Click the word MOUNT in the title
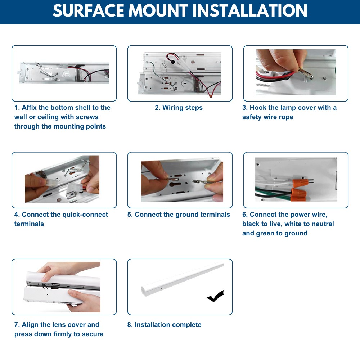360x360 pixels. point(158,10)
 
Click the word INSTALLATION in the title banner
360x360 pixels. point(250,10)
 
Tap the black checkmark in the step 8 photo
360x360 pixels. point(215,296)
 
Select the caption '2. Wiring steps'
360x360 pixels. point(179,107)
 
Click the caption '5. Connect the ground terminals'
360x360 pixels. point(179,215)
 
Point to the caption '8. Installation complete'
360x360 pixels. point(164,325)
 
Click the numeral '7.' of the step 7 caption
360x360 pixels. point(17,325)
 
